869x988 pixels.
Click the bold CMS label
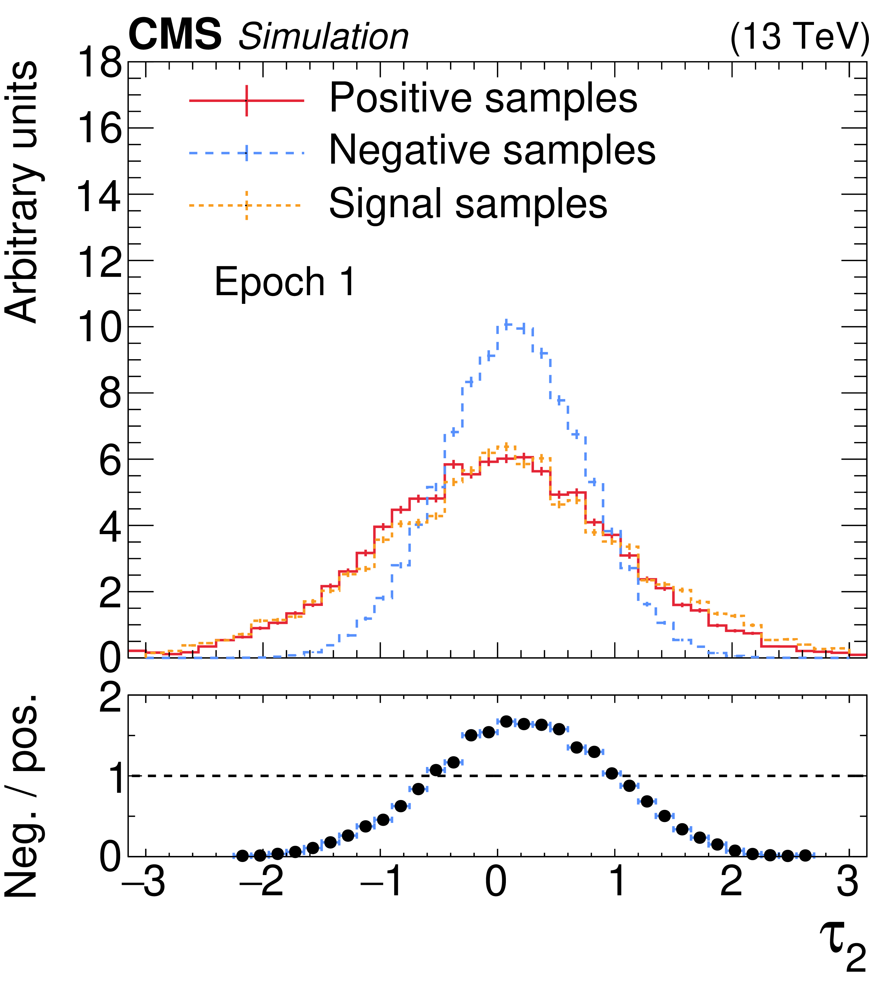click(175, 35)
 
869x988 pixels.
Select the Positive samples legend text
click(483, 98)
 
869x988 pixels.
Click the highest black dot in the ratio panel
click(506, 722)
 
